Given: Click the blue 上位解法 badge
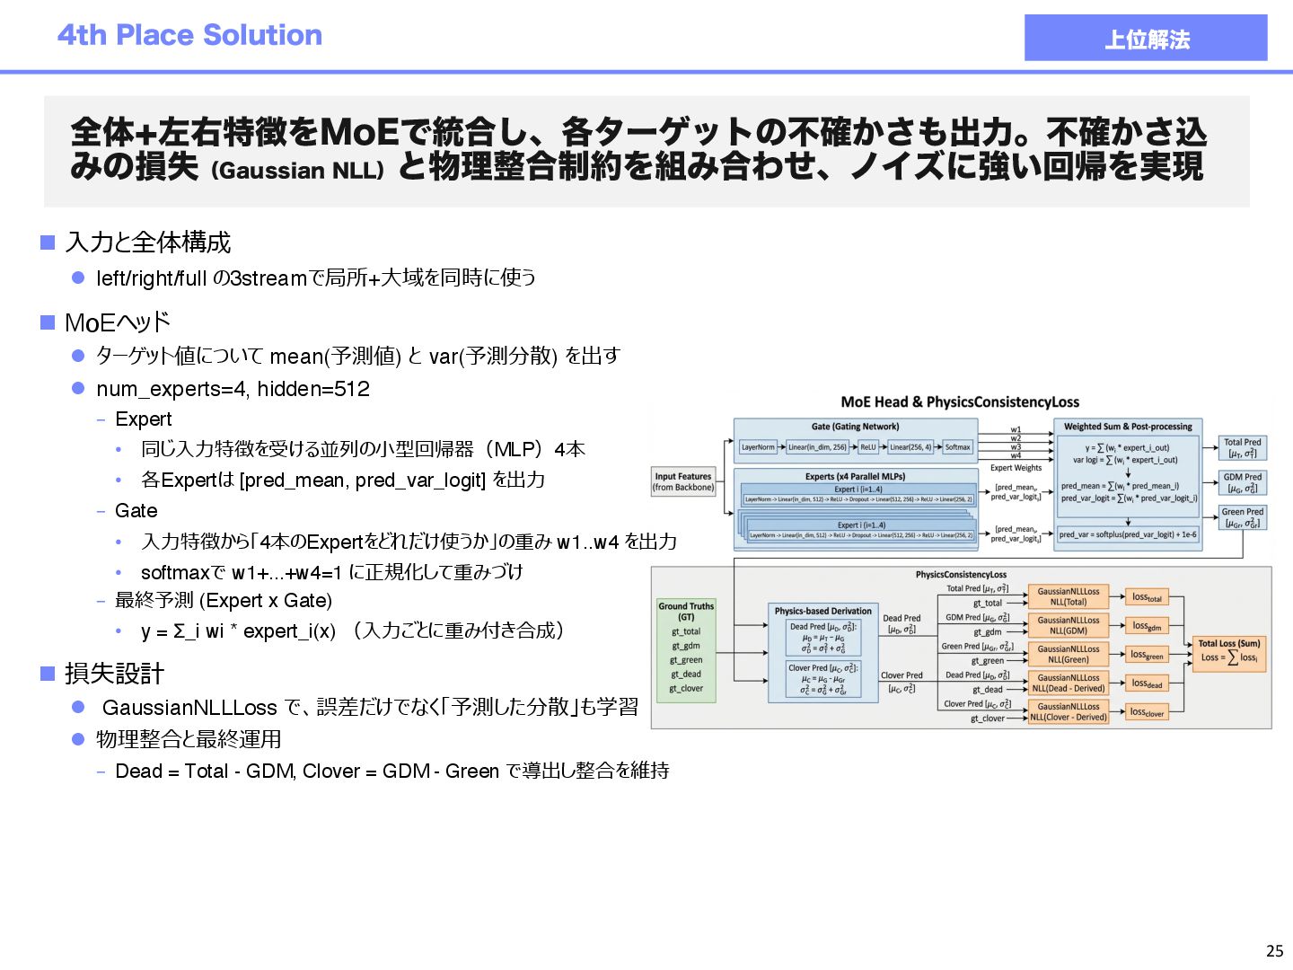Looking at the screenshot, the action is point(1145,38).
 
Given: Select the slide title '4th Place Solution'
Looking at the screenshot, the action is point(189,35).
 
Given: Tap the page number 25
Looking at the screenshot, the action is point(1274,951).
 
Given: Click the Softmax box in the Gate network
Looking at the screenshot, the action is point(957,446).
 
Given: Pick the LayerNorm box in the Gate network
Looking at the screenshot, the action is point(758,446).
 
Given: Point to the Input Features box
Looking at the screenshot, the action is point(683,482).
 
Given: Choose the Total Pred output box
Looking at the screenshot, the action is point(1243,447).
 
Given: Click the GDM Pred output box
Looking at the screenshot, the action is point(1243,482).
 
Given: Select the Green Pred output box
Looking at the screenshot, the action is point(1243,517).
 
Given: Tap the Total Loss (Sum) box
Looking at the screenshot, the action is point(1229,651).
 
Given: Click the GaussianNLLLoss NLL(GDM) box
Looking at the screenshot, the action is point(1069,625).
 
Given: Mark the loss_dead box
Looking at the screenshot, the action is point(1147,683).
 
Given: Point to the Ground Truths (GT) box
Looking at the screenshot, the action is point(686,650).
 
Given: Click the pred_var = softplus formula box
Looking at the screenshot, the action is point(1127,534).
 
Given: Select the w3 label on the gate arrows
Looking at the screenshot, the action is point(1016,446).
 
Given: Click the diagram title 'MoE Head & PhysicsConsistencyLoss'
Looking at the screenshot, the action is point(960,402).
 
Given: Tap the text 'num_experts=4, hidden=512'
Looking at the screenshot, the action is point(233,389).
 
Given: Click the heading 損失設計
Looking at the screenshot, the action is point(114,674).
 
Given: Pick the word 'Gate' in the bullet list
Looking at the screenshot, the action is point(136,511).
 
